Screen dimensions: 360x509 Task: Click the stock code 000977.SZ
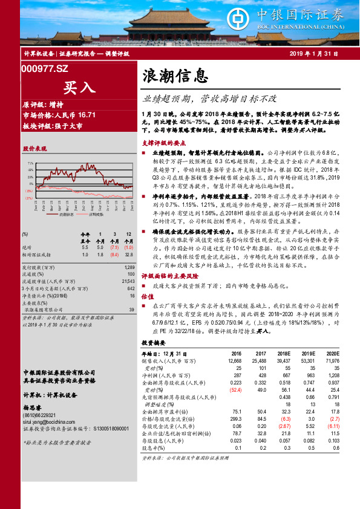[44, 69]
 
